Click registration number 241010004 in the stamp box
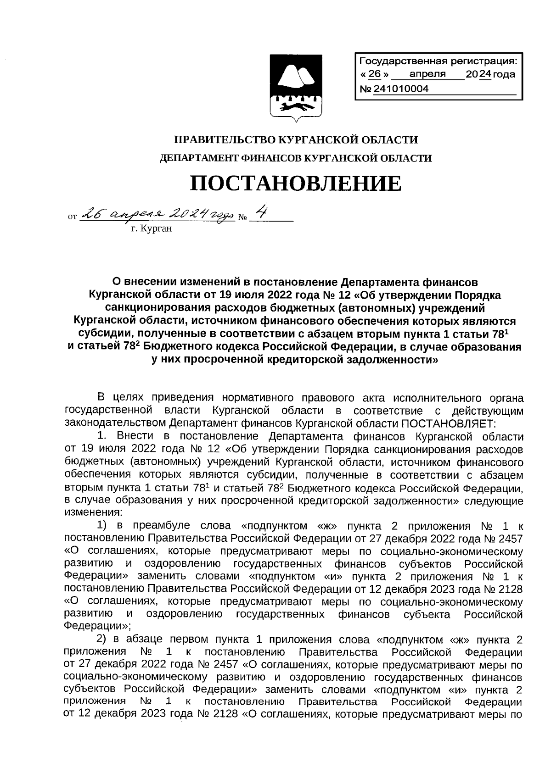coord(400,89)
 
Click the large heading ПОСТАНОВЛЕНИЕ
coord(296,184)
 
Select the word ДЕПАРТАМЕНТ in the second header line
coord(198,159)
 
